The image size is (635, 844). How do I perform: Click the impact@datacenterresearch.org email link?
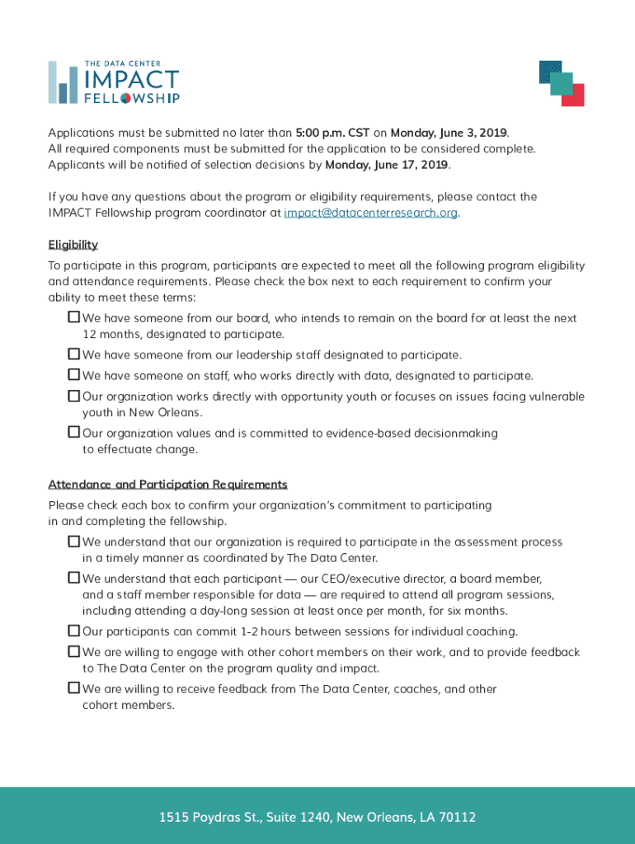pos(370,213)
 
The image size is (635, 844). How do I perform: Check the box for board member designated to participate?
pos(73,317)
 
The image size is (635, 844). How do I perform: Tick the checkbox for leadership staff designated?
pos(73,354)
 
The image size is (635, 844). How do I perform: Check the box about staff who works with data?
pos(73,375)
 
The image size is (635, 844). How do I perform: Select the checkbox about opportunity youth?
pos(73,396)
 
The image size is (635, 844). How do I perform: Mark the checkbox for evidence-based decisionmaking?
pos(73,433)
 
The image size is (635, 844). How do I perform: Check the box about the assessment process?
pos(73,542)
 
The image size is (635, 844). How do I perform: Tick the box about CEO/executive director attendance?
pos(73,579)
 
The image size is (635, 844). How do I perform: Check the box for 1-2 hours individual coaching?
pos(73,631)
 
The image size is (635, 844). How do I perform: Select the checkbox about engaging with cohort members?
pos(73,652)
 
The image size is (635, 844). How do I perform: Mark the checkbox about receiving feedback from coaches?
pos(73,688)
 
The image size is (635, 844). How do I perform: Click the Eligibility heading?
pos(73,245)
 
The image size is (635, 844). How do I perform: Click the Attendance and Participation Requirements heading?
pos(167,485)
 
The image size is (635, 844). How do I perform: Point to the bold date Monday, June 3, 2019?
pos(449,133)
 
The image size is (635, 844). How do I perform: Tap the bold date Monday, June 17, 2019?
pos(387,165)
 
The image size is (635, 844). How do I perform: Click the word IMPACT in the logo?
pos(131,80)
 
